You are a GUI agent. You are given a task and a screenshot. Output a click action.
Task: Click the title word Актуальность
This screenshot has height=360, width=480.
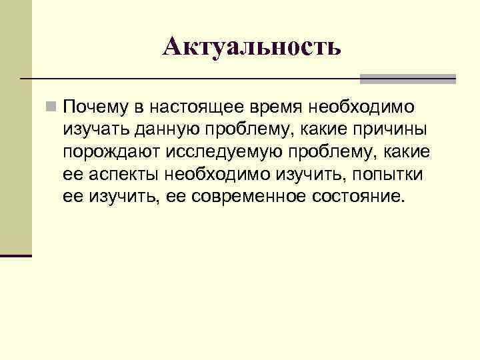(x=252, y=46)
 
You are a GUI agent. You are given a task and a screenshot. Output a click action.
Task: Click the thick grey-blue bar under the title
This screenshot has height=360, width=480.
(x=407, y=79)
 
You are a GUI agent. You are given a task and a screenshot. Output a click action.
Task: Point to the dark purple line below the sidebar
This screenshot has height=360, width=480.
(x=16, y=255)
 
